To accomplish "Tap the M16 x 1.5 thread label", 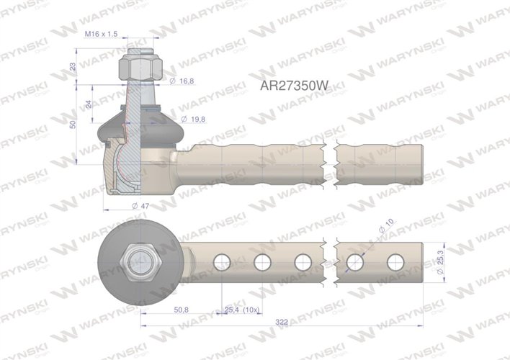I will click(100, 34).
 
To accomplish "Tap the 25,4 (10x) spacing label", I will click(241, 310).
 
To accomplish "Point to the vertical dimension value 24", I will click(89, 104).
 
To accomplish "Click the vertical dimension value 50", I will click(72, 124).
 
